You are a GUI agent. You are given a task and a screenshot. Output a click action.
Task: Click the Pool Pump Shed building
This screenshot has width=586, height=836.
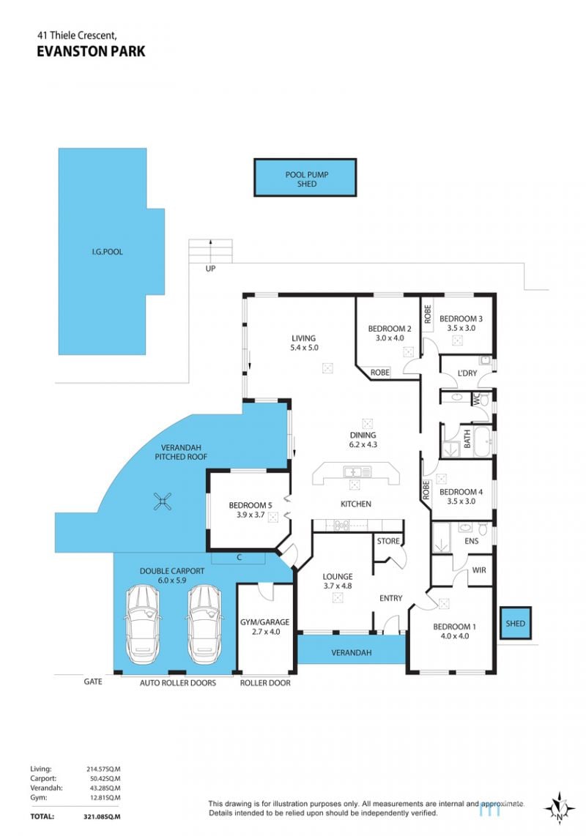305,178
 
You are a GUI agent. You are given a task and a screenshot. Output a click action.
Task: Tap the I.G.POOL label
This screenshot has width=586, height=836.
107,252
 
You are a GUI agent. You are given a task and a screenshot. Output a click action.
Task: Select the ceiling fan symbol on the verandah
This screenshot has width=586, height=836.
163,501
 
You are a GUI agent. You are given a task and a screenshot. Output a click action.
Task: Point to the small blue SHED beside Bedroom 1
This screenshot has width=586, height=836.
516,623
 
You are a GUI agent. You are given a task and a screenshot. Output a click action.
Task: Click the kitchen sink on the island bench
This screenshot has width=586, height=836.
357,472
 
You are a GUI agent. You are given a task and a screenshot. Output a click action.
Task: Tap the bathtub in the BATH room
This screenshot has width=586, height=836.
483,441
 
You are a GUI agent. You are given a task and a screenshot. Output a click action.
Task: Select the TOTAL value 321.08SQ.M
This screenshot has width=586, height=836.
102,816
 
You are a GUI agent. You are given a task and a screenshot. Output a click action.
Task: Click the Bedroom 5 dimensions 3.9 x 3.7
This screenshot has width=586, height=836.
251,515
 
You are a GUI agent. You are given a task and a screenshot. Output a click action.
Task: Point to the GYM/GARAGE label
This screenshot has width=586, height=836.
264,622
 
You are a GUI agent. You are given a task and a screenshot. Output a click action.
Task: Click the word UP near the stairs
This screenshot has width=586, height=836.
210,269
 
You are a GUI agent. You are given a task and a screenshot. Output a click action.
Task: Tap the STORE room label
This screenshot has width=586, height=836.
388,541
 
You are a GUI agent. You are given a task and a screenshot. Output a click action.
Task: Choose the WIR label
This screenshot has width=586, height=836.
479,570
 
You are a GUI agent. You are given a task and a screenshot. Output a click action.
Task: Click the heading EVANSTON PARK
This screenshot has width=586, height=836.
91,51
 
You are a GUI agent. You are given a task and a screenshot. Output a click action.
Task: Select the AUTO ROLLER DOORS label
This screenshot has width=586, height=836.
178,683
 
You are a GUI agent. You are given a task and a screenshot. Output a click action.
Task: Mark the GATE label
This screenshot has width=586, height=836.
93,682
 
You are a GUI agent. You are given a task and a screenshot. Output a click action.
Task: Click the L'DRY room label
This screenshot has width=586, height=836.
467,373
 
